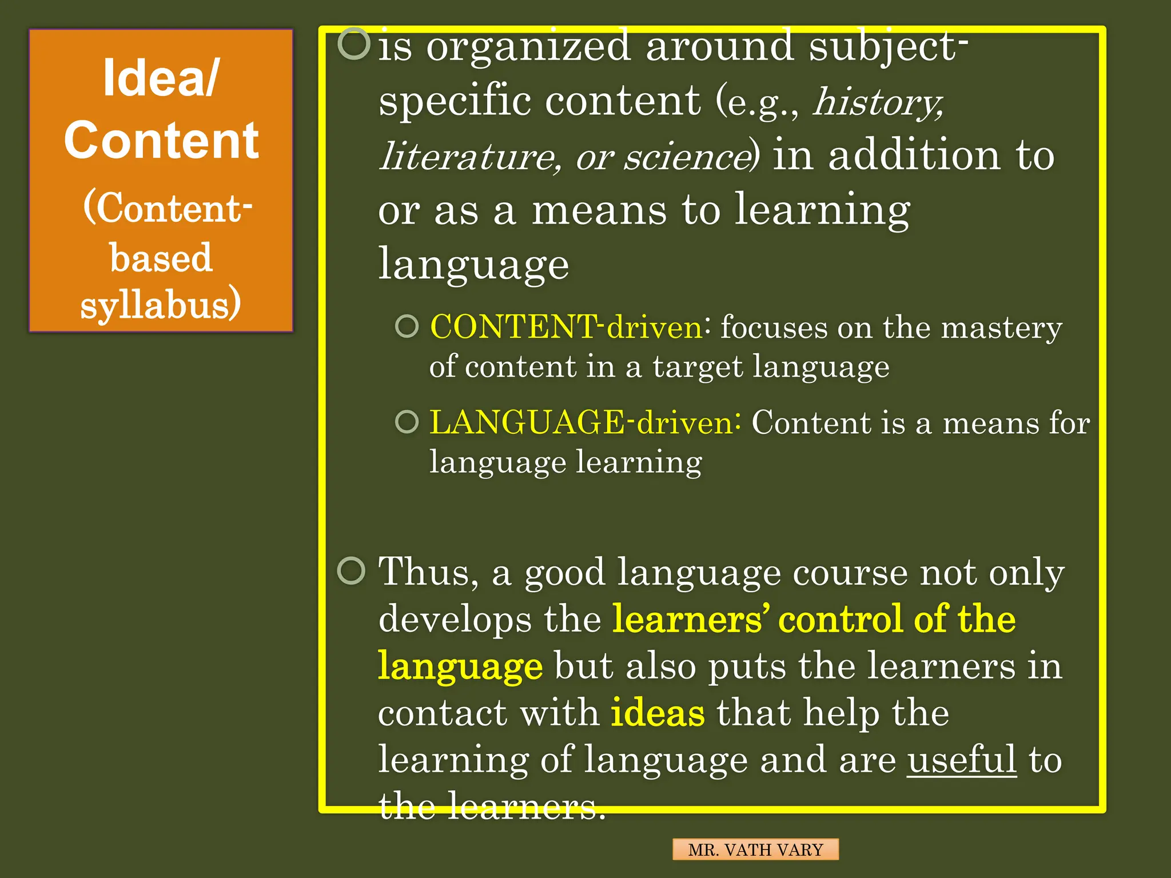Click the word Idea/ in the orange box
(161, 79)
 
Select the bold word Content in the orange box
(161, 141)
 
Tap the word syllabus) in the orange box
(161, 304)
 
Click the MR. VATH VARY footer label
(755, 849)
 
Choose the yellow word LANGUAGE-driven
(581, 423)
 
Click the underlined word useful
(962, 760)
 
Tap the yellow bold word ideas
(658, 713)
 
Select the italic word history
(877, 102)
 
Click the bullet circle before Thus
(351, 570)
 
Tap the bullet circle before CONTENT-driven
(407, 326)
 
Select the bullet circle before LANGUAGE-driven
(407, 422)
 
